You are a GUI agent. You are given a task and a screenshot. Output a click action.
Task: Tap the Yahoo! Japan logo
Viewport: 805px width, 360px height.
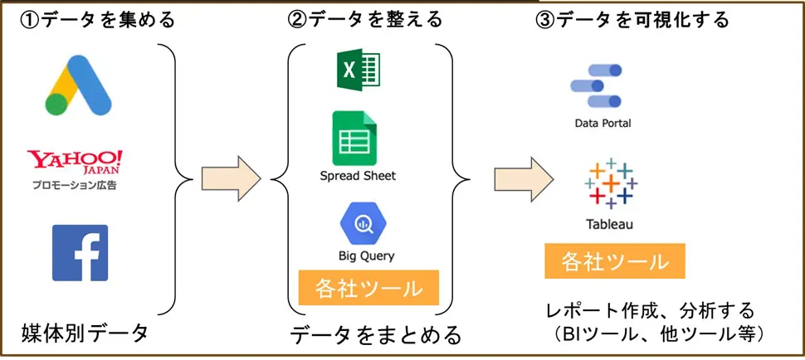[x=75, y=162]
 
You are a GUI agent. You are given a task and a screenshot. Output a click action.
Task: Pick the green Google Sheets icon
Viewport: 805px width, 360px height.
[x=356, y=138]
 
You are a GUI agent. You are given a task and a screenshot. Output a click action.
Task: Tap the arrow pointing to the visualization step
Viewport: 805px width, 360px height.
[x=523, y=178]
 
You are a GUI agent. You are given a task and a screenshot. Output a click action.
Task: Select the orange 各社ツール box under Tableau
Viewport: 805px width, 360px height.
[x=614, y=261]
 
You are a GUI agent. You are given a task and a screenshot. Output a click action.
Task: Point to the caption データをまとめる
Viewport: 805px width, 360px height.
[x=376, y=335]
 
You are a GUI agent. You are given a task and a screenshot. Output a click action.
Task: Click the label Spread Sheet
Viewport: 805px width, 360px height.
[x=358, y=176]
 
